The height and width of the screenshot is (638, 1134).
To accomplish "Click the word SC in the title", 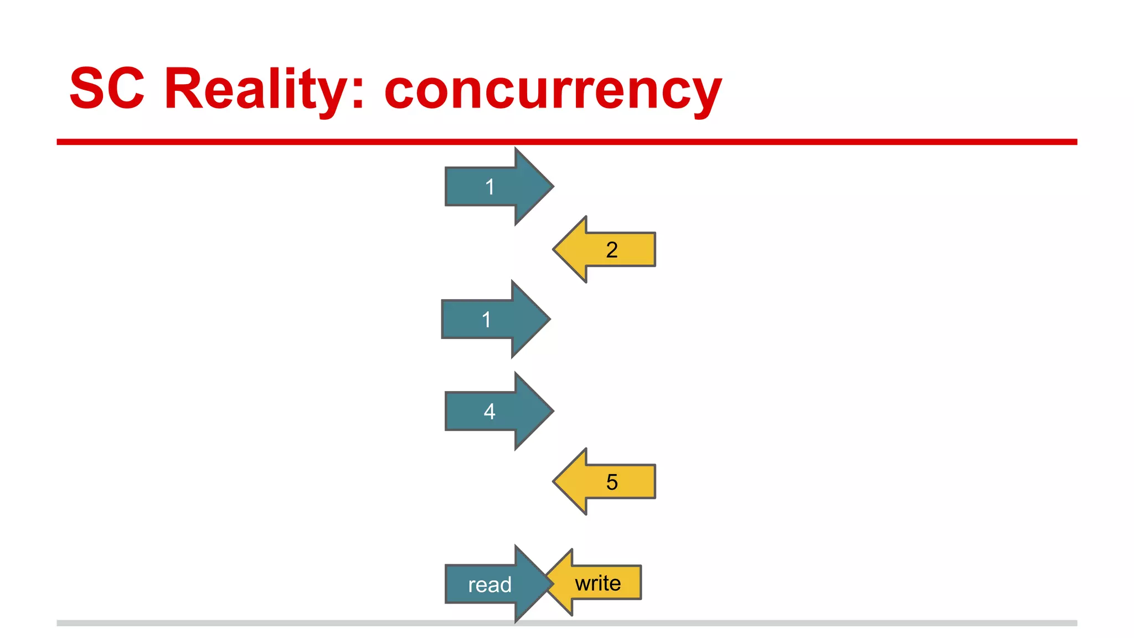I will click(107, 89).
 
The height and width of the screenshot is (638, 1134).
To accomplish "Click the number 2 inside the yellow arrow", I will click(612, 250).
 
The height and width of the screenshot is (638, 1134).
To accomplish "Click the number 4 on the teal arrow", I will click(489, 411).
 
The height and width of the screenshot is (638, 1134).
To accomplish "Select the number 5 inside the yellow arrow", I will click(612, 482).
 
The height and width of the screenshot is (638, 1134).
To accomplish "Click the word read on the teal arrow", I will click(490, 585).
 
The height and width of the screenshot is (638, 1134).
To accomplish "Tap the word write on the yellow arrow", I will click(598, 583).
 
